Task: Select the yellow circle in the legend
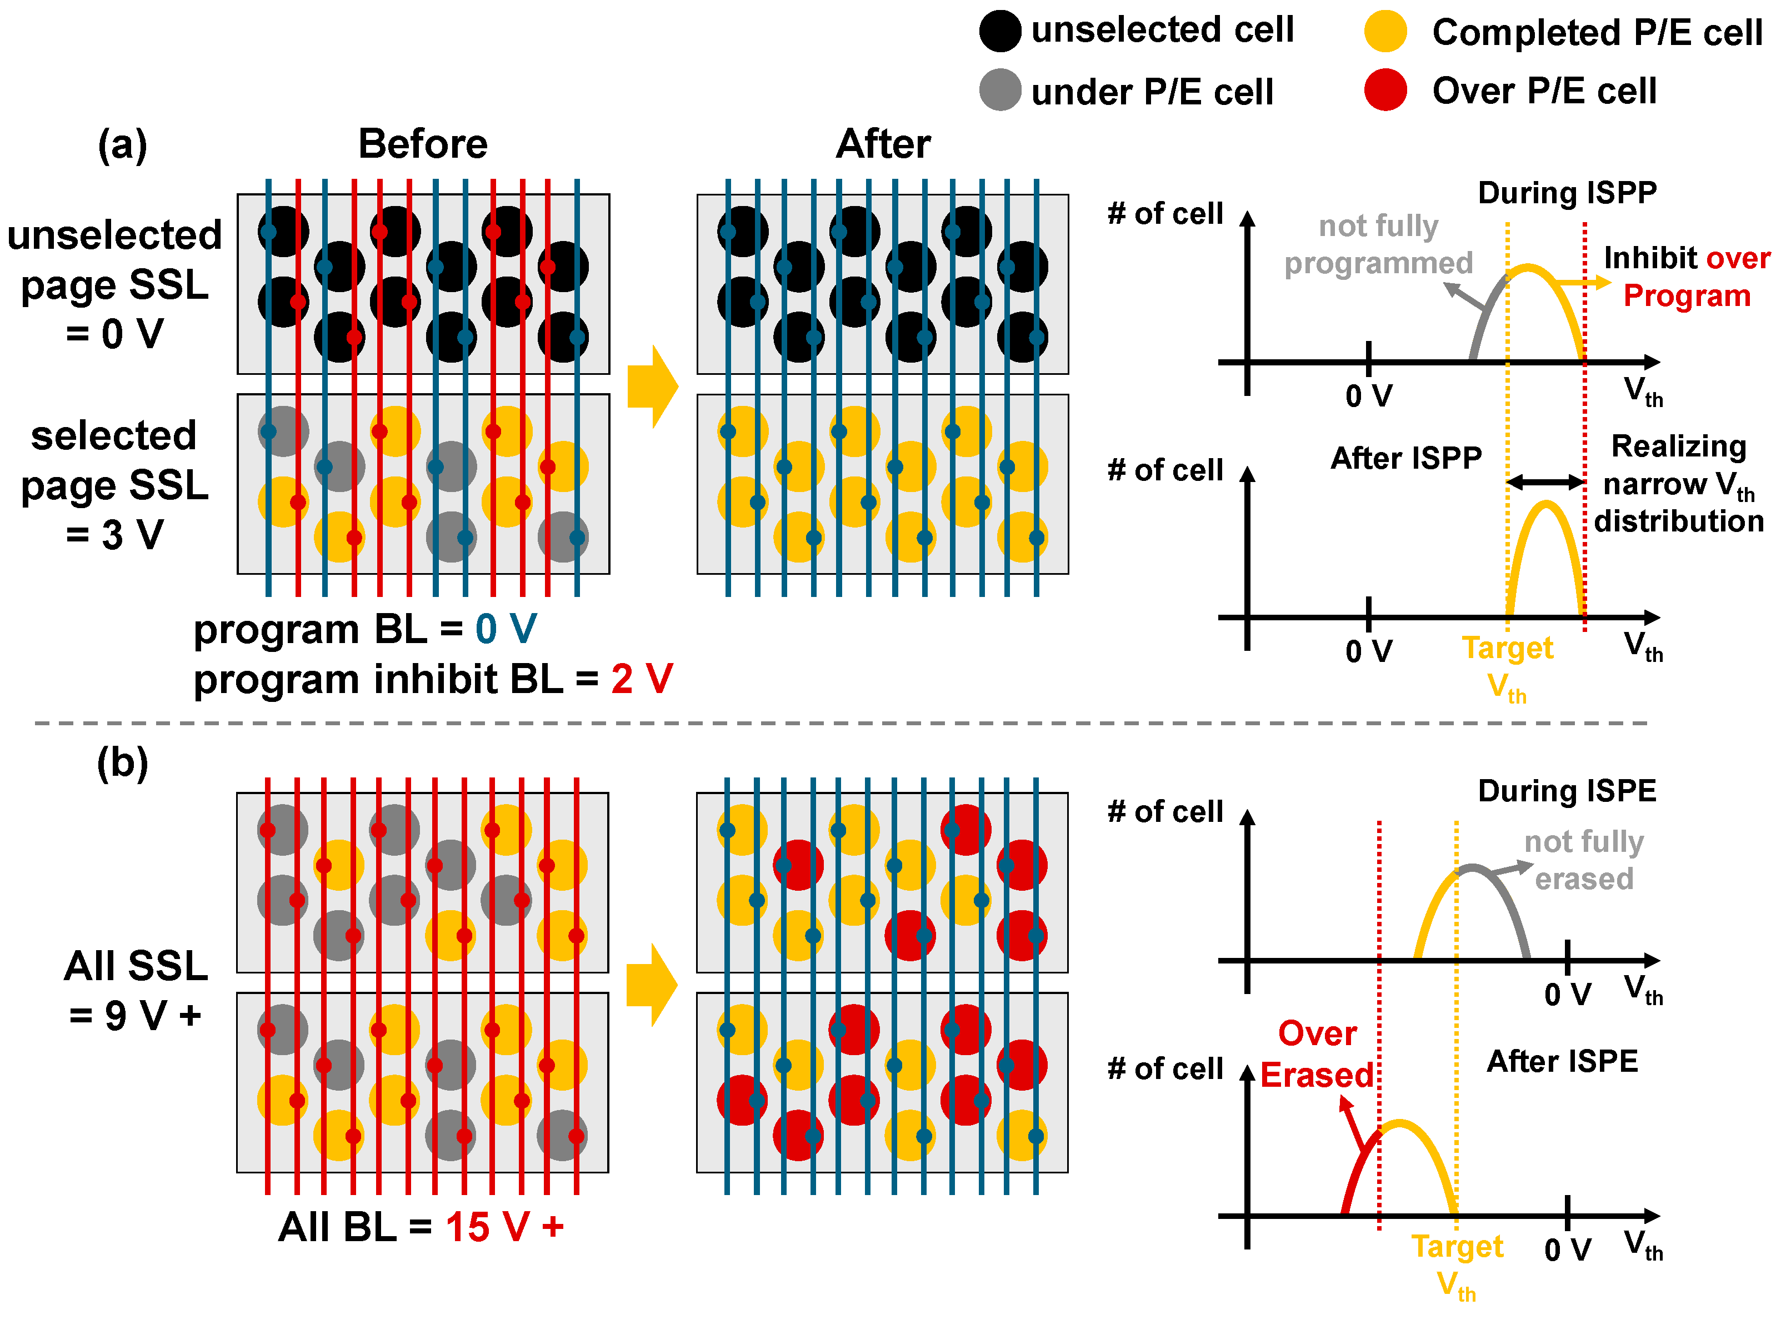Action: pos(1385,31)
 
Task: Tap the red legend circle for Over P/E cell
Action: pos(1385,89)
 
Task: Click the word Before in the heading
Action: pos(422,144)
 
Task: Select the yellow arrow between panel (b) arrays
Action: pos(651,985)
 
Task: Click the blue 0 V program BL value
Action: pos(506,630)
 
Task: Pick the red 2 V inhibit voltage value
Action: pos(642,679)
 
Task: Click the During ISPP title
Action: pos(1567,193)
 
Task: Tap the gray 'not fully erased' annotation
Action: pos(1583,860)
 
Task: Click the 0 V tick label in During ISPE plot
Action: pos(1567,995)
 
